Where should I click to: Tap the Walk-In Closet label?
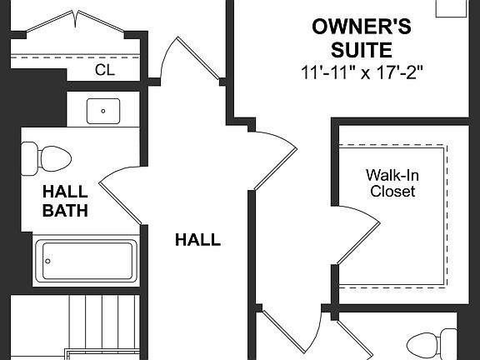(391, 183)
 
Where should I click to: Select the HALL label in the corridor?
(197, 241)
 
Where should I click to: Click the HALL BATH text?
(66, 202)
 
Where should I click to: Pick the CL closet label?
(104, 71)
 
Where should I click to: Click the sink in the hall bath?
(103, 109)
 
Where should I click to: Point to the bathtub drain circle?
(48, 261)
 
